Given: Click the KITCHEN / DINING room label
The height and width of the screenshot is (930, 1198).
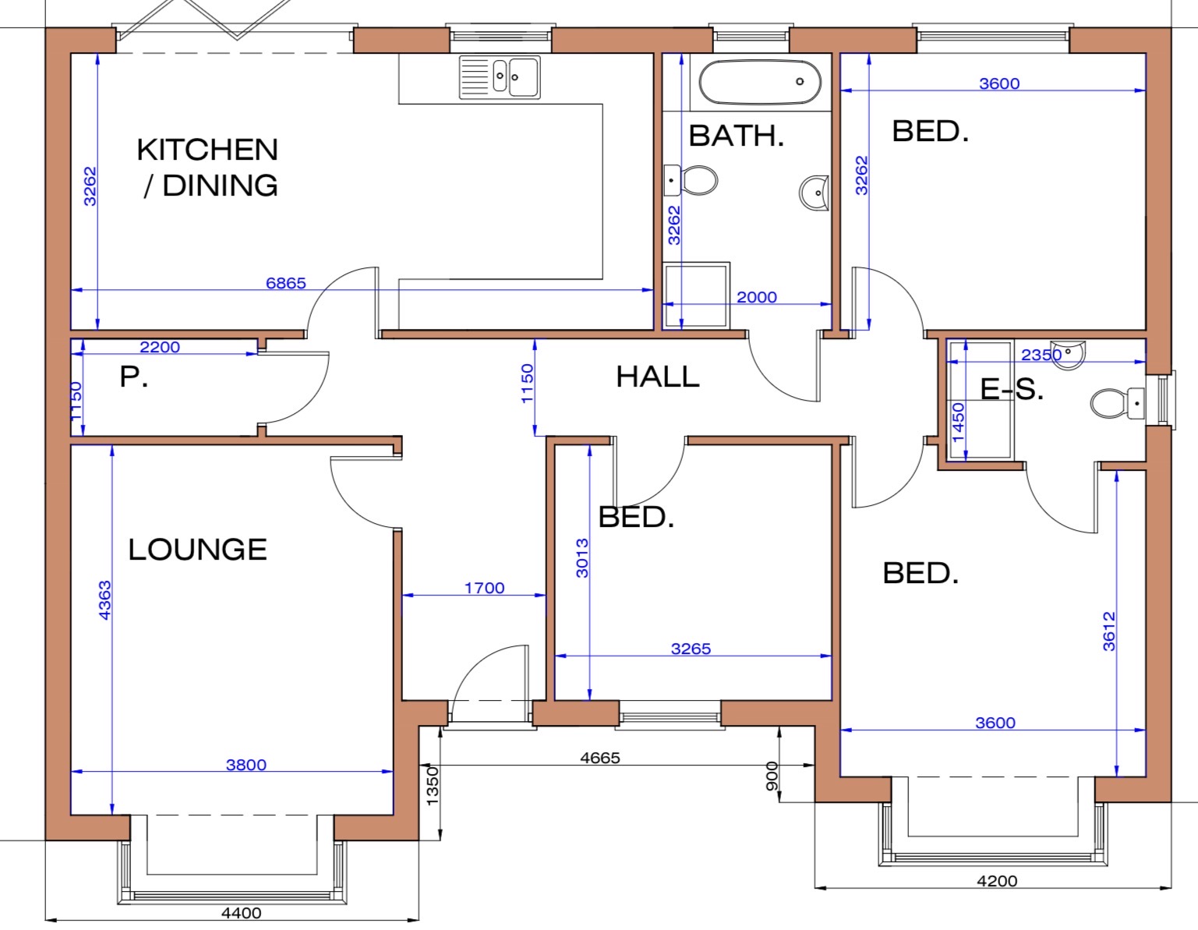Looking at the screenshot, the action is tap(207, 167).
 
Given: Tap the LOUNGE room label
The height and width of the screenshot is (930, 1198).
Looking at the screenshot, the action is tap(197, 550).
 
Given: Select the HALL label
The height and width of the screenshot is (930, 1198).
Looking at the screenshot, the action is tap(658, 377).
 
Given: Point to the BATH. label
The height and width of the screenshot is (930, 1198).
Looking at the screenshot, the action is tap(737, 136).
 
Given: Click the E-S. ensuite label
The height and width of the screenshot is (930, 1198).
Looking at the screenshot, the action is tap(1012, 389).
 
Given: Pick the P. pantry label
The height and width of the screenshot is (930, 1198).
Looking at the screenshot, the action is tap(134, 377).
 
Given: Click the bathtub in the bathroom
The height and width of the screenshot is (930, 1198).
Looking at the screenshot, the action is tap(760, 82).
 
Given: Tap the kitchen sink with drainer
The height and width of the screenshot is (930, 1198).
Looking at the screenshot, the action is tap(500, 77).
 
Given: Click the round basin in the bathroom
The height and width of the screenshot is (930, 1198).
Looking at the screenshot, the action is tap(815, 193).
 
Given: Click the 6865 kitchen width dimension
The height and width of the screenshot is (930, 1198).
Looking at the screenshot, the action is tap(285, 283).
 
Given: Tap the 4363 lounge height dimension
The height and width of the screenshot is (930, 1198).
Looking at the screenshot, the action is tap(104, 599).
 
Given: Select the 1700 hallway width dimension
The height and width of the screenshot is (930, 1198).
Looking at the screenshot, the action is tap(484, 588).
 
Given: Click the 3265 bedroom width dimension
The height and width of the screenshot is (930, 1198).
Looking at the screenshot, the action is tap(691, 649).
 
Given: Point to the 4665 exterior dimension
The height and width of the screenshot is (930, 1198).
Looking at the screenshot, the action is tap(600, 758).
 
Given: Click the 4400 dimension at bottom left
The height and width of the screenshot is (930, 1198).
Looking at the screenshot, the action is tap(241, 913).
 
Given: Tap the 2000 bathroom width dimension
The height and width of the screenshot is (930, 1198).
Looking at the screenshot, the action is tap(756, 297).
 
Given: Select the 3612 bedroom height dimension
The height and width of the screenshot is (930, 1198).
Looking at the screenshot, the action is tap(1108, 631).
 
